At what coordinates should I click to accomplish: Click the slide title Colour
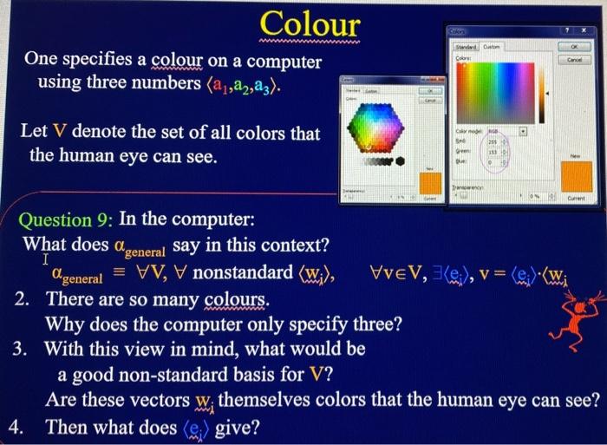[x=310, y=23]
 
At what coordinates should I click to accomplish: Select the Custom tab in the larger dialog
[x=491, y=47]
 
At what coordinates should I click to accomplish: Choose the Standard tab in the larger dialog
[x=466, y=47]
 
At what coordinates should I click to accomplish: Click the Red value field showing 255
[x=496, y=141]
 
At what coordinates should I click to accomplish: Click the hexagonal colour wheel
[x=377, y=131]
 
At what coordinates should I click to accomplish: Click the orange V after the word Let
[x=59, y=134]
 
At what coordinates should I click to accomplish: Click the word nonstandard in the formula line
[x=242, y=273]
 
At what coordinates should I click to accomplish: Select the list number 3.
[x=22, y=350]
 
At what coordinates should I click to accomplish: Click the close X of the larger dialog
[x=593, y=30]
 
